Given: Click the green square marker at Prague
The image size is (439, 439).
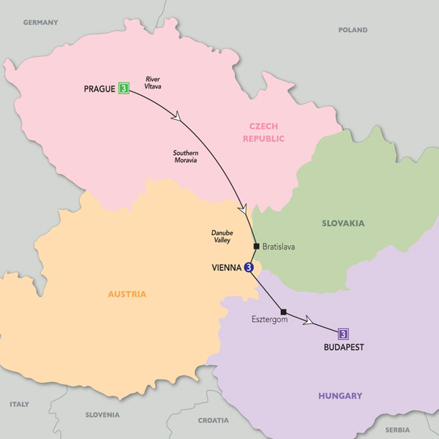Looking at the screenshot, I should (124, 89).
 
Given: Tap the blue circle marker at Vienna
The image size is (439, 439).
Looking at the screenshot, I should (249, 268).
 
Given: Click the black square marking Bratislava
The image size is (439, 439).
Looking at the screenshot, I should (256, 246).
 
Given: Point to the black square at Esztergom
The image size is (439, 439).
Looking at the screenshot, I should (283, 309).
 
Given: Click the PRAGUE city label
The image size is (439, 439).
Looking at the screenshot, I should (99, 89).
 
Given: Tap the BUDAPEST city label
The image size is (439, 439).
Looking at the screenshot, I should (342, 348).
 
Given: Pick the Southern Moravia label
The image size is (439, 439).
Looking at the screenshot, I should (186, 157).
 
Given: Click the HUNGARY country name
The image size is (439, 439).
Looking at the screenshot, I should (339, 396).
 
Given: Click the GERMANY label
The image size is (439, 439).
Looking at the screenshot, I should (40, 23).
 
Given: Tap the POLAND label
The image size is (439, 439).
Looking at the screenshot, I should (353, 30).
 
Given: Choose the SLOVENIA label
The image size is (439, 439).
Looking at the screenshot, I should (102, 415).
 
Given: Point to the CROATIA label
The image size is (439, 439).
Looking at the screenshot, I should (213, 421).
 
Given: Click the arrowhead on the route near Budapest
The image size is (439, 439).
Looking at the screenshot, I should (310, 320).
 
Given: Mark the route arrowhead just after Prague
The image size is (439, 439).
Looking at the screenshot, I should (176, 116).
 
